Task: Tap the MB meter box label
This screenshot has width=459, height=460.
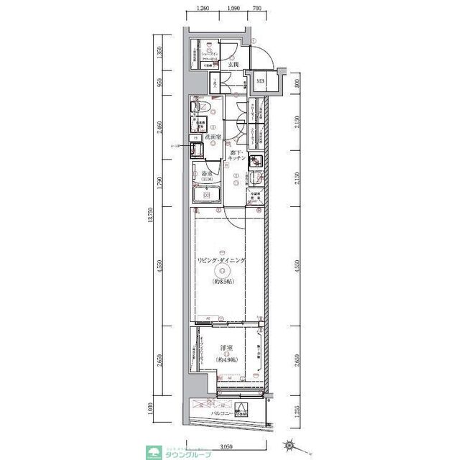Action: point(260,82)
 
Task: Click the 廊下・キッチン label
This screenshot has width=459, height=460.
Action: point(238,158)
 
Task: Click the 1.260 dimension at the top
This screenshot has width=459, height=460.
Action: point(202,10)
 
